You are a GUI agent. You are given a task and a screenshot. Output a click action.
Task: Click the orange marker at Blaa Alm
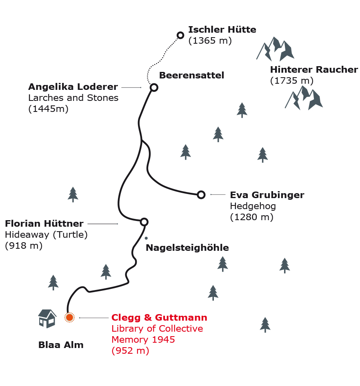point(69,317)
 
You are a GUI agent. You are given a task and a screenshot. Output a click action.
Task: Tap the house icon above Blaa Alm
point(47,318)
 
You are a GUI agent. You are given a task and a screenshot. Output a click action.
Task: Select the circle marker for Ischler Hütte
point(180,35)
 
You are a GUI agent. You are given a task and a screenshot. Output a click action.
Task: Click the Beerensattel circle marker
point(153,87)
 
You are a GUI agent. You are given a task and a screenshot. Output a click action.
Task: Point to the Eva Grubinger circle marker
point(201,194)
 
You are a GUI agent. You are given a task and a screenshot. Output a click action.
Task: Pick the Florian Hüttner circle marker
point(144,222)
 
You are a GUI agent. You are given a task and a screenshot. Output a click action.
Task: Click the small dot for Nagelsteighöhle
point(146,238)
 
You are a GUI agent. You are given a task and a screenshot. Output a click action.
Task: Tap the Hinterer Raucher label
point(314,69)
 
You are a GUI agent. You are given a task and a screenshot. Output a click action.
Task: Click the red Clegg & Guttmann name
point(159,317)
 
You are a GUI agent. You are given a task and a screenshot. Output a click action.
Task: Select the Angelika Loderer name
point(73,87)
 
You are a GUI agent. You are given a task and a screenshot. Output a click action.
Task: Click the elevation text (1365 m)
point(210,40)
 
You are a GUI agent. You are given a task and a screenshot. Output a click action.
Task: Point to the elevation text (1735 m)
point(291,80)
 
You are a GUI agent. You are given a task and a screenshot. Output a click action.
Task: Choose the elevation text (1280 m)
point(251,217)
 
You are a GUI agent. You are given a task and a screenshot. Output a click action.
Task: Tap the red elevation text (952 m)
point(130,350)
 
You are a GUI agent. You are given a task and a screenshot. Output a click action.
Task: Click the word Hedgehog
point(253,206)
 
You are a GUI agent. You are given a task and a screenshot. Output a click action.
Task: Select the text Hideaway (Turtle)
point(46,234)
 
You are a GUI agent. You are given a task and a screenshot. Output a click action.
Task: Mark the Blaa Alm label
point(61,345)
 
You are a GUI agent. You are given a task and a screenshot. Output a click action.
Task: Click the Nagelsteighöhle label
point(187,248)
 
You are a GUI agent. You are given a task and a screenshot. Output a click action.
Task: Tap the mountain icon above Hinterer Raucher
point(276,49)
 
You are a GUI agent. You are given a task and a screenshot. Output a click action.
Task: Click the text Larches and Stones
point(73,98)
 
